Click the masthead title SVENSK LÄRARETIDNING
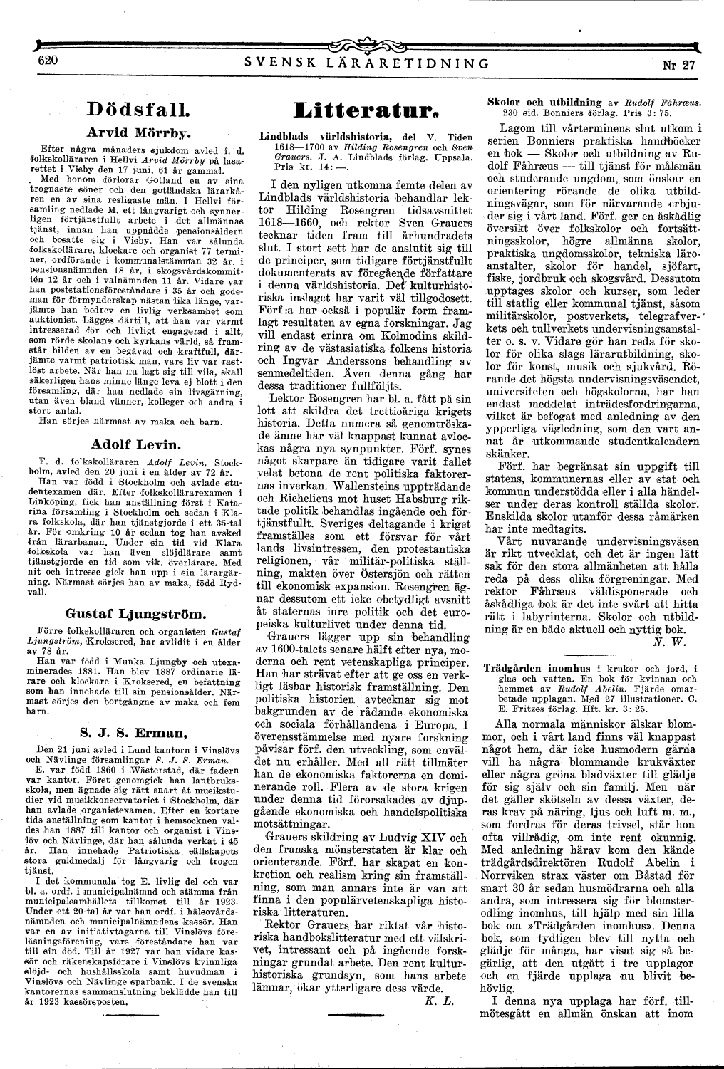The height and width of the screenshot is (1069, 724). coord(366,63)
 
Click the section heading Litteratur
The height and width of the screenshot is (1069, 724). coord(366,110)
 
